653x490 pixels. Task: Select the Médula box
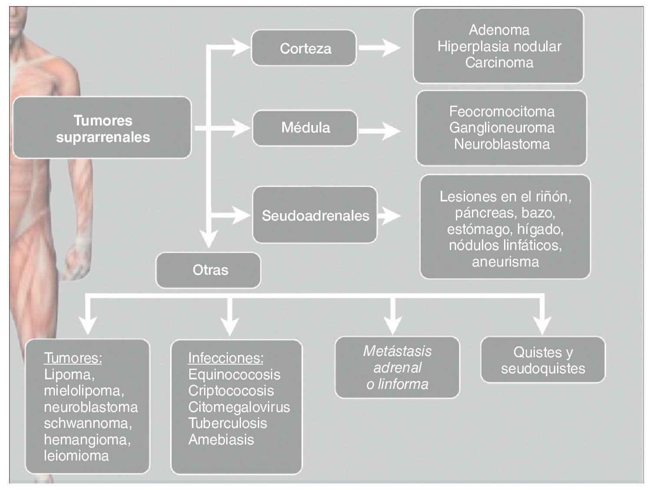[305, 128]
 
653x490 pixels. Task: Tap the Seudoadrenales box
[315, 215]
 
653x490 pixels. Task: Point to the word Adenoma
[499, 30]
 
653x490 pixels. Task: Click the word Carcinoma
[499, 62]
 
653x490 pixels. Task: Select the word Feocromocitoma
[501, 112]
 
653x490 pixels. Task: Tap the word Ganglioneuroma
[501, 128]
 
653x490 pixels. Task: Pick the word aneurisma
[505, 262]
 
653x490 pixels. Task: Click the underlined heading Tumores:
[73, 358]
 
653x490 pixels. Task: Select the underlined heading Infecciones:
[225, 358]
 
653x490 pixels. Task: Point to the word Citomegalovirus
[239, 407]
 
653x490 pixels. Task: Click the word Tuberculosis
[228, 423]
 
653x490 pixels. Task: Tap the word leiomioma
[76, 456]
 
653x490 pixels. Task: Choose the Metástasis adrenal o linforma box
[397, 367]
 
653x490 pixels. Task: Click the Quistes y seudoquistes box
[543, 360]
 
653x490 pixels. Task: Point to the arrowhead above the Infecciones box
[230, 323]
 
